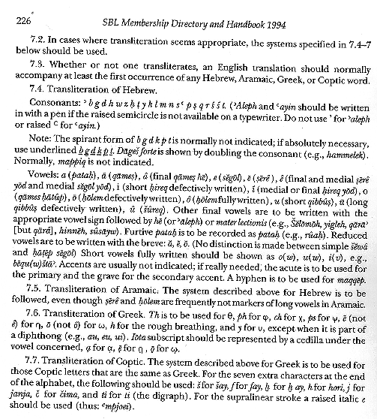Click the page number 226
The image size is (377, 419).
[13, 20]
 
